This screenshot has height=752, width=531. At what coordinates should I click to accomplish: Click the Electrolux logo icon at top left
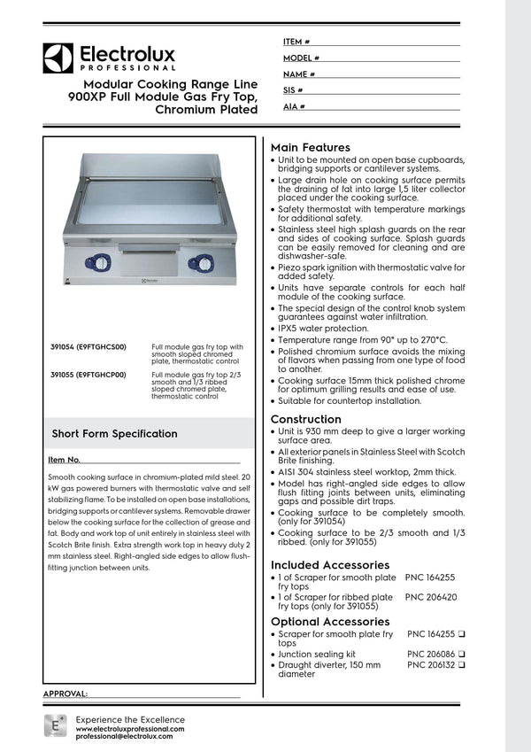[x=58, y=58]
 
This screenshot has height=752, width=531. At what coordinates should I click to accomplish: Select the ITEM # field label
[x=296, y=42]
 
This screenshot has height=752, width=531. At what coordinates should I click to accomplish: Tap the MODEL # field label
[x=301, y=58]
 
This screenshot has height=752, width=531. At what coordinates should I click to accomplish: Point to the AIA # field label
[x=295, y=106]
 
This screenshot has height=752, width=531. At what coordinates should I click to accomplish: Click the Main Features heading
[x=310, y=147]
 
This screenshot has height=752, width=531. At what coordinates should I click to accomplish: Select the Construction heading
[x=305, y=419]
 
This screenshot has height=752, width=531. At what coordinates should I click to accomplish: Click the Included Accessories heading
[x=329, y=564]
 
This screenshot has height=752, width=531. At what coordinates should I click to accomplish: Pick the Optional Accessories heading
[x=329, y=622]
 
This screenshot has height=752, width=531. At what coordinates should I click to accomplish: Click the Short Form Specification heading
[x=114, y=434]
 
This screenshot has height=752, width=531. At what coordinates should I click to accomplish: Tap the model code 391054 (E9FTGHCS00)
[x=88, y=348]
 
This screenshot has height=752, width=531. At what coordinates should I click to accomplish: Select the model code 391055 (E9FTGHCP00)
[x=88, y=375]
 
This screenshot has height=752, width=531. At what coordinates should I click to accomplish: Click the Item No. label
[x=65, y=460]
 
